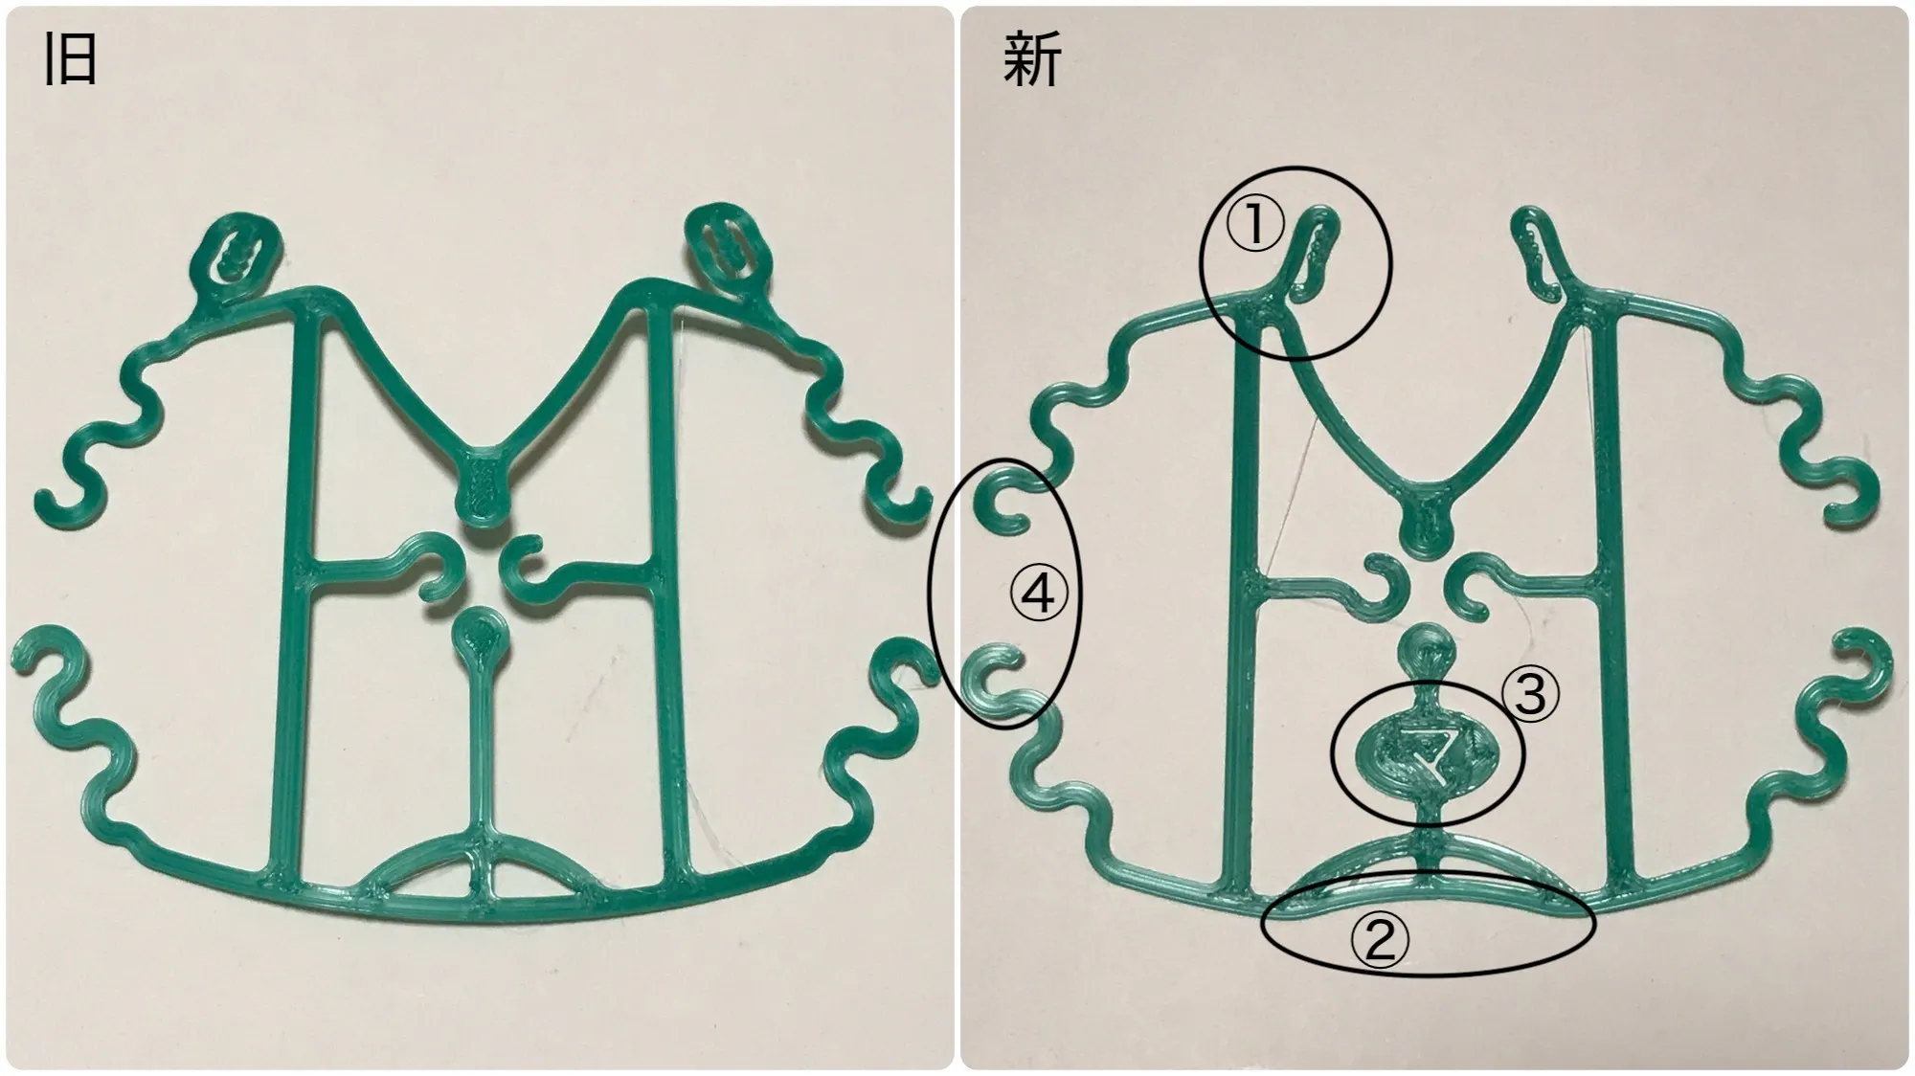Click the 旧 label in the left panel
point(70,59)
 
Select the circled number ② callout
point(1379,941)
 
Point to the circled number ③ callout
point(1531,693)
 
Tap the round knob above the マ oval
point(1426,653)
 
